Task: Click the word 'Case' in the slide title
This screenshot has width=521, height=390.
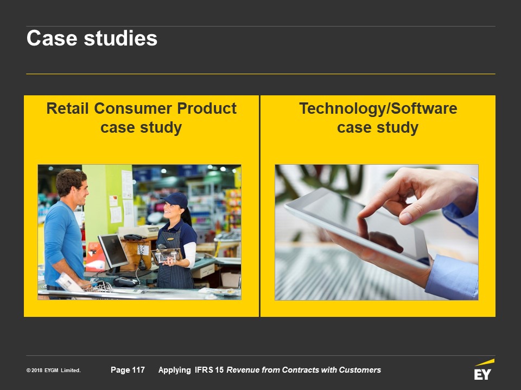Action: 52,38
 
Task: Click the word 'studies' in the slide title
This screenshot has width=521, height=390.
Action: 120,38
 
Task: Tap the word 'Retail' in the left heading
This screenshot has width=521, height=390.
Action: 67,108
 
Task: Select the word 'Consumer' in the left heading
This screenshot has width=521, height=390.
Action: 133,108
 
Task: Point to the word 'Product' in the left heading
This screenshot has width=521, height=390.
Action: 207,108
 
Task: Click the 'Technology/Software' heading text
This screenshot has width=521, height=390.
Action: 378,108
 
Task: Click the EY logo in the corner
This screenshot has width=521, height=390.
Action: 484,370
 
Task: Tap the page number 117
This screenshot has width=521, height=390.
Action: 138,370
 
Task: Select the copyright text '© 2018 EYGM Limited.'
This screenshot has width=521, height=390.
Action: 54,370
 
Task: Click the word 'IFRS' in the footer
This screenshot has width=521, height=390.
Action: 204,370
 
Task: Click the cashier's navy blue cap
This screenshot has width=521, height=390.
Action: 175,200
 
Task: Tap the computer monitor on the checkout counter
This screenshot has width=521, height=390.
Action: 113,251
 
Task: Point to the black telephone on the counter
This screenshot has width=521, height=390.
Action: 133,237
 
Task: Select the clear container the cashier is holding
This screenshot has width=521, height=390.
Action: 166,255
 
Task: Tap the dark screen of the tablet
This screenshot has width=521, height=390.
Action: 365,225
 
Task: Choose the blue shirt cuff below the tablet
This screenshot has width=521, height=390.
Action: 452,277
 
